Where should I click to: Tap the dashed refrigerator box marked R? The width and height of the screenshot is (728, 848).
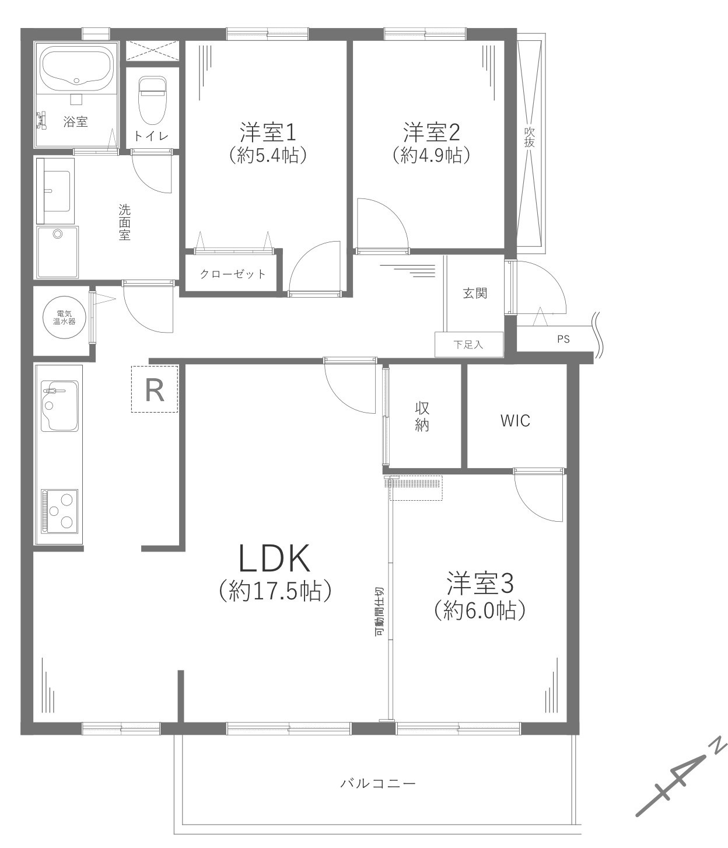click(155, 389)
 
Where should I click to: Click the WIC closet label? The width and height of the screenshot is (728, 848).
click(515, 420)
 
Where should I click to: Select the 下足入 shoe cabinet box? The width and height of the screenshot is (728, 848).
click(468, 344)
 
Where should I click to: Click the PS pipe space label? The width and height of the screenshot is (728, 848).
click(562, 338)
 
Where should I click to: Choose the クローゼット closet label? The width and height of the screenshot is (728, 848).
click(233, 274)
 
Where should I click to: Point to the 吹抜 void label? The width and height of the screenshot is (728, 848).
click(530, 138)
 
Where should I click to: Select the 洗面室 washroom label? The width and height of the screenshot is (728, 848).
click(124, 222)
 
